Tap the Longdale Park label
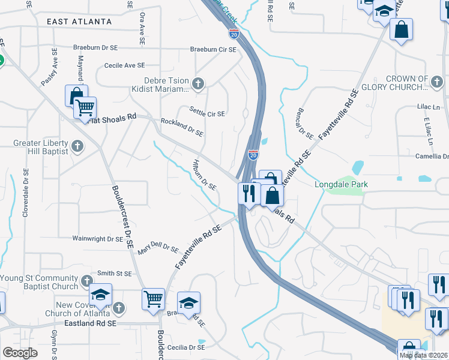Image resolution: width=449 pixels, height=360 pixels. (x=341, y=184)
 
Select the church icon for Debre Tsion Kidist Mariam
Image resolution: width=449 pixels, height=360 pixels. (x=199, y=83)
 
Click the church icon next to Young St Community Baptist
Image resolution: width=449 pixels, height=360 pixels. (x=87, y=281)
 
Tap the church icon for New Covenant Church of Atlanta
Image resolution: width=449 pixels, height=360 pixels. (x=119, y=308)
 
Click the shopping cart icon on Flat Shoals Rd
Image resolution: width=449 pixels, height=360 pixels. (x=85, y=108)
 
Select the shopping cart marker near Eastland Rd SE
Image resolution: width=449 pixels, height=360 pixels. (x=154, y=298)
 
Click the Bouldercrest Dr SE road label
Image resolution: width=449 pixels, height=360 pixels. (x=122, y=216)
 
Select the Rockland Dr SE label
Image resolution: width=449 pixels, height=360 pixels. (x=182, y=127)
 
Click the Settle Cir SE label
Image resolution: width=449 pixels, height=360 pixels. (x=207, y=112)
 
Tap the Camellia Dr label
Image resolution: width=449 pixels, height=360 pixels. (x=432, y=156)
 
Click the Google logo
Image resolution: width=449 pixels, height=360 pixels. (x=20, y=353)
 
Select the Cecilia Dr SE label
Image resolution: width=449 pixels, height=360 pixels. (x=190, y=347)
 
